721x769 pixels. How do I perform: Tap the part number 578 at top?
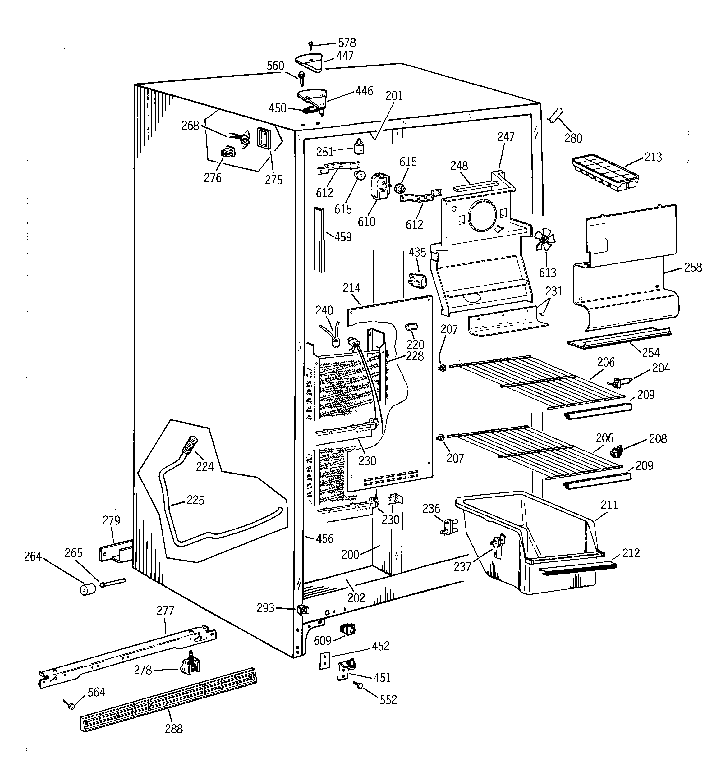[347, 43]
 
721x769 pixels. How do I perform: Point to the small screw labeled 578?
[310, 45]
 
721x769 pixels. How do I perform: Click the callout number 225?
[195, 500]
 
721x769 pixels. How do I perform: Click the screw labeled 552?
[358, 685]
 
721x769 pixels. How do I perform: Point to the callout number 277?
[165, 611]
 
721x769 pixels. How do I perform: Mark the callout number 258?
[692, 267]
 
